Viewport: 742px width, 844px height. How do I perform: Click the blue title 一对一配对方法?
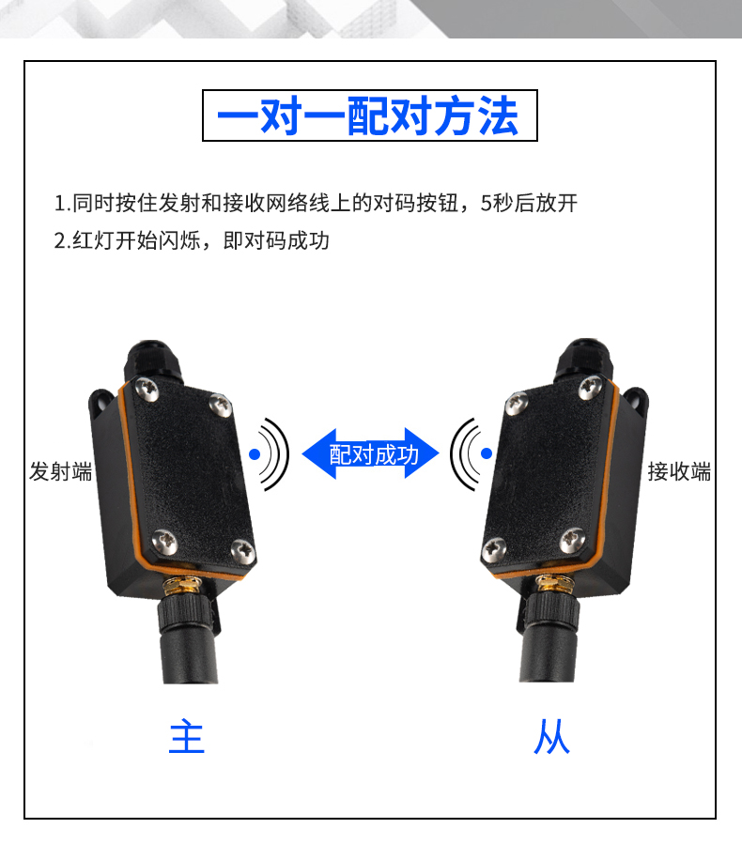[x=368, y=115]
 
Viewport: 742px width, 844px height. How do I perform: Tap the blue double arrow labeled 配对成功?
[x=371, y=453]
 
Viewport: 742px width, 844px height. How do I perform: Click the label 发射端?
[x=61, y=471]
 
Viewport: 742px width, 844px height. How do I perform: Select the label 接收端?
[x=679, y=471]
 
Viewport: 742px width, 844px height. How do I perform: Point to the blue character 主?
[x=186, y=736]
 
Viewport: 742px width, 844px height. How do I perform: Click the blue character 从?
[x=551, y=736]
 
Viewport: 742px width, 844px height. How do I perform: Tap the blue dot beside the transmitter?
[x=255, y=454]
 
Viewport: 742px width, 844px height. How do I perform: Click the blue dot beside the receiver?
[x=487, y=453]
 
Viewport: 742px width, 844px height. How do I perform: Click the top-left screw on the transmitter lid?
[x=147, y=389]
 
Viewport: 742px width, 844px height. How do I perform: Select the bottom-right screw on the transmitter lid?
[x=243, y=551]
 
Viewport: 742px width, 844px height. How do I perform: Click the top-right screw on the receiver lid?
[x=591, y=387]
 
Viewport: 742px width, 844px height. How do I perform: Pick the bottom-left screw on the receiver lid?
[x=494, y=549]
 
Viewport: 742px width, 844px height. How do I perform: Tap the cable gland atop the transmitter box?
[x=153, y=360]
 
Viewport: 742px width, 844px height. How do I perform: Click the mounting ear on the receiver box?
[x=635, y=403]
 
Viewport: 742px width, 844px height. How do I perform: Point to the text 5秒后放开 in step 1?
[x=529, y=203]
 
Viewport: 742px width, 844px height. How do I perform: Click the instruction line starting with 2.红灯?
[x=192, y=240]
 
